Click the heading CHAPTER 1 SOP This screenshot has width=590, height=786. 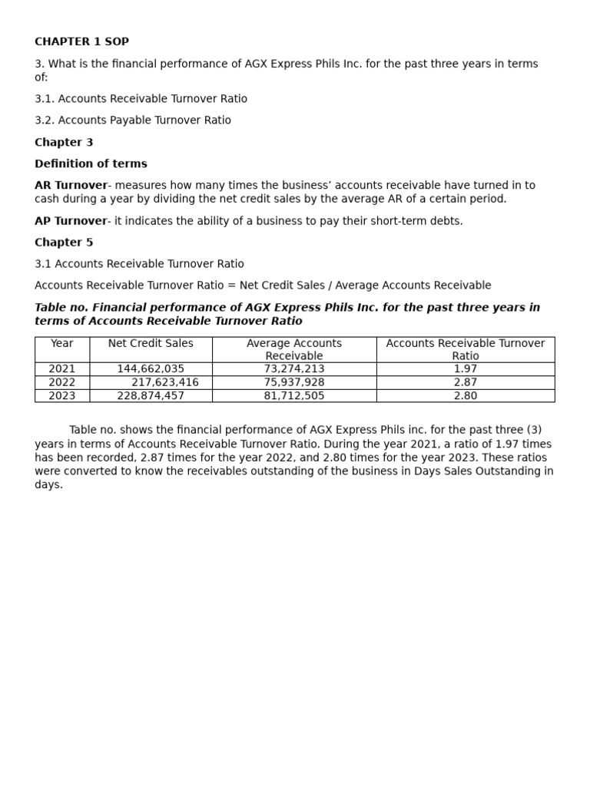coord(81,41)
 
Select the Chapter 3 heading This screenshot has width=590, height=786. coord(64,142)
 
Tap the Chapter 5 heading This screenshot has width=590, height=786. coord(64,242)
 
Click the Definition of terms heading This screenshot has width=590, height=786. coord(91,163)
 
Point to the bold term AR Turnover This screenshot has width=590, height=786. coord(71,185)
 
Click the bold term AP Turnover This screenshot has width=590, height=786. coord(71,221)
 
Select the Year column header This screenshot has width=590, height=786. coord(62,343)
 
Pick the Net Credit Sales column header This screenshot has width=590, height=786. coord(151,343)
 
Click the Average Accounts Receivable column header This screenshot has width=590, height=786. coord(294,349)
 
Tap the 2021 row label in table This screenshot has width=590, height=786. coord(62,369)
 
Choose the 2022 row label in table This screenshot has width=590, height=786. coord(62,382)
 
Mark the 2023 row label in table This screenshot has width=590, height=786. coord(62,396)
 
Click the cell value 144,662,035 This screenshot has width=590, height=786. coord(151,369)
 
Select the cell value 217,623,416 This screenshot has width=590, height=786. coord(165,382)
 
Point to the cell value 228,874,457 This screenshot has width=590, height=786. coord(151,396)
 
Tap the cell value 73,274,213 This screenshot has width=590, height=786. coord(294,369)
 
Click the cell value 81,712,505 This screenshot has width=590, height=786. coord(294,396)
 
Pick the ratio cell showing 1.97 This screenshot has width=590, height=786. coord(466,369)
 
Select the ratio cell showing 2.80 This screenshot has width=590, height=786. coord(466,396)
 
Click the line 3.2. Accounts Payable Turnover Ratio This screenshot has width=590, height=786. coord(133,121)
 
